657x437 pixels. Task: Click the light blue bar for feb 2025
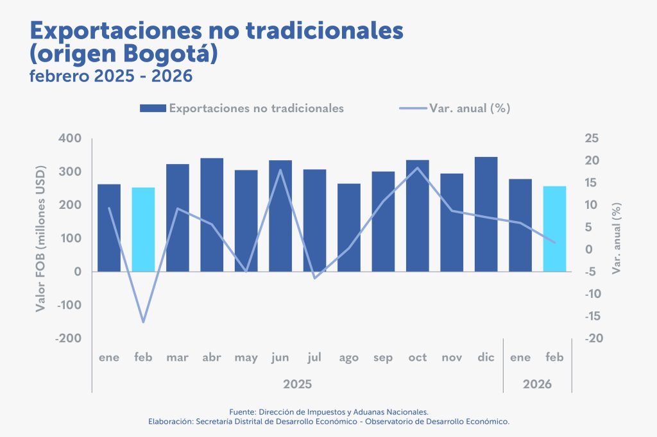point(143,229)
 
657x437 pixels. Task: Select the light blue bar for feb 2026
point(554,229)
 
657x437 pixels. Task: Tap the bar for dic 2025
point(486,214)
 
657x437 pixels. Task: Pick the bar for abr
point(212,215)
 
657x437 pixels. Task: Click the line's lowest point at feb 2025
point(143,322)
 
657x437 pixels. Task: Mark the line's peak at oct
point(418,168)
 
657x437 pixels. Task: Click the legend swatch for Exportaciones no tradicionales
point(153,108)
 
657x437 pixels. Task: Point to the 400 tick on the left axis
point(70,138)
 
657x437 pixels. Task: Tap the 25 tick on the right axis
point(592,138)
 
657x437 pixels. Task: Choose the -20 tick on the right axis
point(592,338)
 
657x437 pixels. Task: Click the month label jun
point(280,358)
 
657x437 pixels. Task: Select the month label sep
point(383,358)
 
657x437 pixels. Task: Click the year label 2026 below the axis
point(537,384)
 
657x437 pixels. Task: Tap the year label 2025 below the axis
point(297,384)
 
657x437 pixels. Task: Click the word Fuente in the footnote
point(242,411)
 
